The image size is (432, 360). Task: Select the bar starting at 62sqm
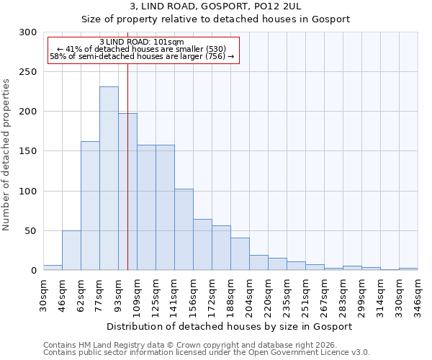(90, 206)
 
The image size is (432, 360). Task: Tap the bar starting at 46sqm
(71, 251)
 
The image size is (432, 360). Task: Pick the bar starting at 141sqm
(184, 230)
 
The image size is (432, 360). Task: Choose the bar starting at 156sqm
(202, 245)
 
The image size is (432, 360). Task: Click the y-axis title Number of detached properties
(6, 155)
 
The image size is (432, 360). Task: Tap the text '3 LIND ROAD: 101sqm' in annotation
(141, 42)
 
